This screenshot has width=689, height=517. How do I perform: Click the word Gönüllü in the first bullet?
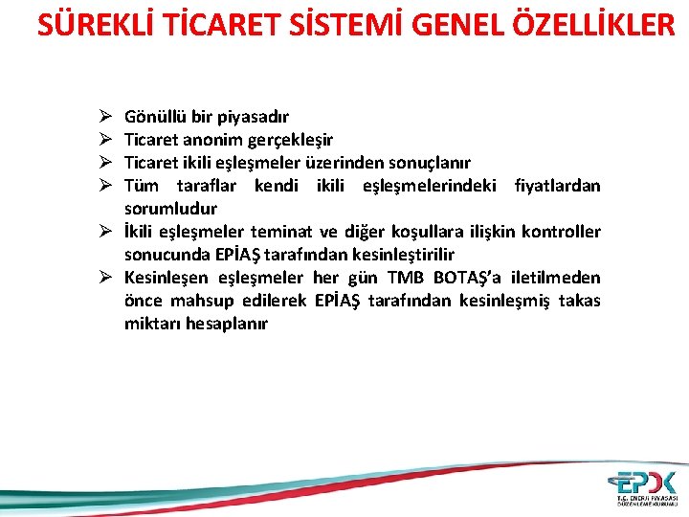point(156,117)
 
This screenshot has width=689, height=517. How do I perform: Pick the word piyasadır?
point(252,117)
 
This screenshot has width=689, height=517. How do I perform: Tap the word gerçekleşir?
point(290,140)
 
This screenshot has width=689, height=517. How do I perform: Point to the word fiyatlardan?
point(557,186)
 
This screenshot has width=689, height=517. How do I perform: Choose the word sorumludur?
point(170,209)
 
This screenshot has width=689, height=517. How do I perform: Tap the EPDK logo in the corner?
point(646,486)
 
